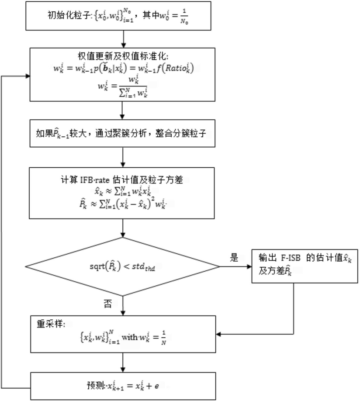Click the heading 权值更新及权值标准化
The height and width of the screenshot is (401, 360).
pyautogui.click(x=123, y=56)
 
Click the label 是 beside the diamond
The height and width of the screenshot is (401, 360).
pyautogui.click(x=234, y=258)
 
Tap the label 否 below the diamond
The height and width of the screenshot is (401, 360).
pyautogui.click(x=108, y=304)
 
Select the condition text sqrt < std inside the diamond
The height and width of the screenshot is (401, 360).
pyautogui.click(x=122, y=266)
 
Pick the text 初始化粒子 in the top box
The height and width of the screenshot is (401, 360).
pyautogui.click(x=69, y=15)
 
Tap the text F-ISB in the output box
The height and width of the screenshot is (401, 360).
pyautogui.click(x=291, y=258)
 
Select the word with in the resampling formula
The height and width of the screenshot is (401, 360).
pyautogui.click(x=129, y=337)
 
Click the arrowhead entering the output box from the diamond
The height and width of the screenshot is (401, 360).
pyautogui.click(x=249, y=267)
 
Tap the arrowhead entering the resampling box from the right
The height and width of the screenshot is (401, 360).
pyautogui.click(x=218, y=334)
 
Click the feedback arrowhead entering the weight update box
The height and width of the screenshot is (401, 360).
pyautogui.click(x=28, y=76)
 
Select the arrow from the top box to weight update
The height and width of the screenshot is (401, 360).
pyautogui.click(x=123, y=39)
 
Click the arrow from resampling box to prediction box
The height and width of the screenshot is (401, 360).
pyautogui.click(x=123, y=363)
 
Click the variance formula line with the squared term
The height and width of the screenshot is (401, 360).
pyautogui.click(x=123, y=204)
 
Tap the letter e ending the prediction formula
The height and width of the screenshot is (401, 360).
pyautogui.click(x=156, y=386)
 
